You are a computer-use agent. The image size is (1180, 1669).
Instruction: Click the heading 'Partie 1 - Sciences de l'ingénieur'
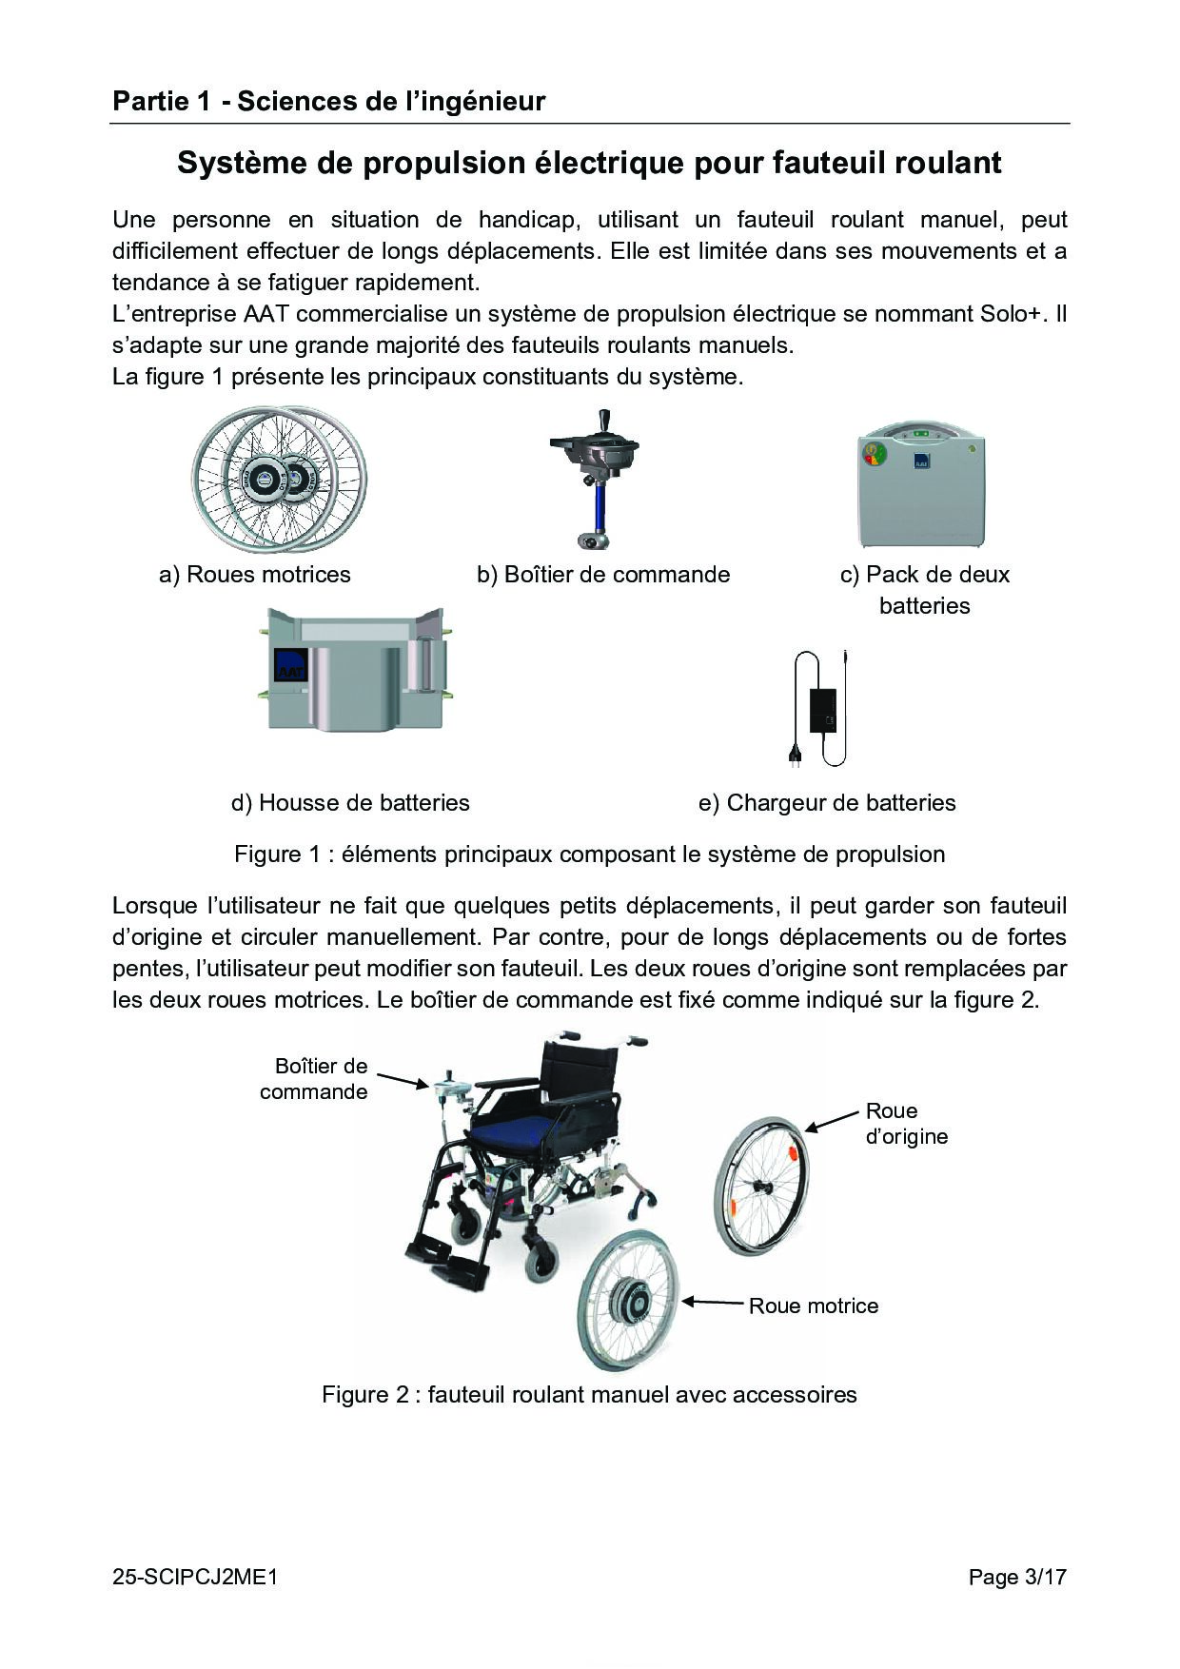[328, 102]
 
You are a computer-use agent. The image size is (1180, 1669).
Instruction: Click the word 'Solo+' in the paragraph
[1011, 314]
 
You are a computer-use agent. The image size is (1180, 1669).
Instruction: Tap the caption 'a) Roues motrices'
[255, 575]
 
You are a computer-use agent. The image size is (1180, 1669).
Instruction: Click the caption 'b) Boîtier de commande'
[603, 575]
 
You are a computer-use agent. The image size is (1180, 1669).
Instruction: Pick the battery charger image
[818, 708]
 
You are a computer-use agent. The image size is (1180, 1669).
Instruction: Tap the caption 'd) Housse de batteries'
[350, 803]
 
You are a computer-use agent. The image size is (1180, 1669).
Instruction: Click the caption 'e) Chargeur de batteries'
[827, 803]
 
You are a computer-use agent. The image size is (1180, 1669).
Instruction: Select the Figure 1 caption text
[590, 854]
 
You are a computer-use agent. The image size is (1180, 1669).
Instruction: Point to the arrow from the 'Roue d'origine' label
[832, 1120]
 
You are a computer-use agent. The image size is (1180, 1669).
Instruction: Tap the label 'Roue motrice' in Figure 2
[814, 1306]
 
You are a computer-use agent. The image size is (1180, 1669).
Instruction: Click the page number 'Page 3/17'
[1017, 1578]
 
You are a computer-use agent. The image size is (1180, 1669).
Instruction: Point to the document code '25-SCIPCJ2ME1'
[195, 1578]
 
